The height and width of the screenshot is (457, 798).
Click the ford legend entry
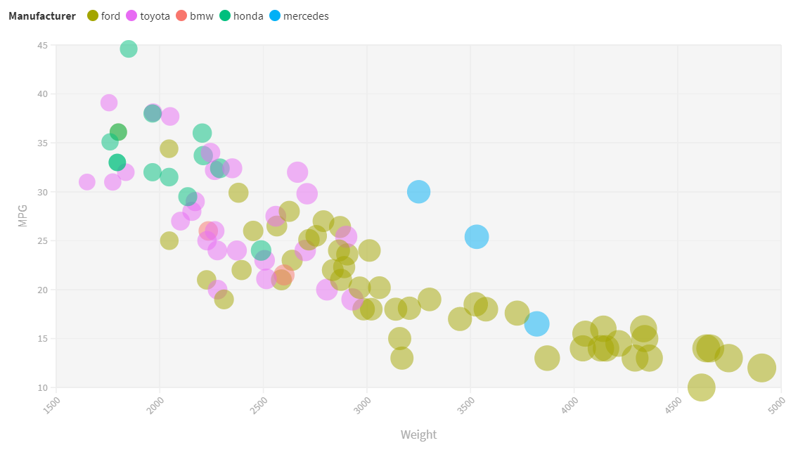click(103, 15)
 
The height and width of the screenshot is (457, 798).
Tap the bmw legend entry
click(195, 15)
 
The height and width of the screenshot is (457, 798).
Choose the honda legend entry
click(240, 15)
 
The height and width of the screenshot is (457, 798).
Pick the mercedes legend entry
click(298, 15)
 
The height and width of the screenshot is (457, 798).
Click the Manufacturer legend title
click(42, 15)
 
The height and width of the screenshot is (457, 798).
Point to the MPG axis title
click(22, 216)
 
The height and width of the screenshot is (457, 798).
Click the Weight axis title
click(418, 435)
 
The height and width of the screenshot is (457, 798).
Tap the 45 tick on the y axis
click(43, 45)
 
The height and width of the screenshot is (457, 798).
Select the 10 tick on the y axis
click(43, 387)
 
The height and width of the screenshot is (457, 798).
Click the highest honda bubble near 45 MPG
click(129, 49)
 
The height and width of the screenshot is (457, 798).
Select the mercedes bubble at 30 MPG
click(418, 191)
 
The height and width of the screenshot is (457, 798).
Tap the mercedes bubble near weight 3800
click(536, 323)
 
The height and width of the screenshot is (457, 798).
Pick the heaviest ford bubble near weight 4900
click(761, 368)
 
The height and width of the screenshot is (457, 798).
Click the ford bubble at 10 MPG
click(701, 387)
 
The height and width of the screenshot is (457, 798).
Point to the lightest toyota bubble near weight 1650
click(86, 181)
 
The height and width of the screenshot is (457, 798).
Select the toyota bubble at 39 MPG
click(109, 103)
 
